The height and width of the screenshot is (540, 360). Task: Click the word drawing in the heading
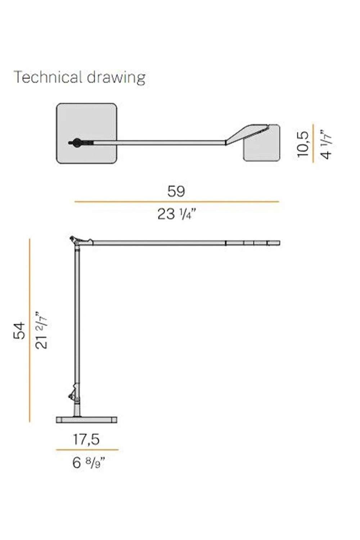pyautogui.click(x=116, y=78)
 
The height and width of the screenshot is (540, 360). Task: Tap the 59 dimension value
pyautogui.click(x=176, y=191)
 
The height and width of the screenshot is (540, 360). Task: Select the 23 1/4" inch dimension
pyautogui.click(x=177, y=214)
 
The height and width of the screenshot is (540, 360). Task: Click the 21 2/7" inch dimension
pyautogui.click(x=41, y=330)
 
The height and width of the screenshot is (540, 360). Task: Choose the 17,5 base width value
pyautogui.click(x=86, y=439)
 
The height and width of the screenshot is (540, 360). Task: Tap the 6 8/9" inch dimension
pyautogui.click(x=89, y=462)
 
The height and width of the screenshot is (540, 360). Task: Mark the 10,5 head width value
pyautogui.click(x=303, y=144)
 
